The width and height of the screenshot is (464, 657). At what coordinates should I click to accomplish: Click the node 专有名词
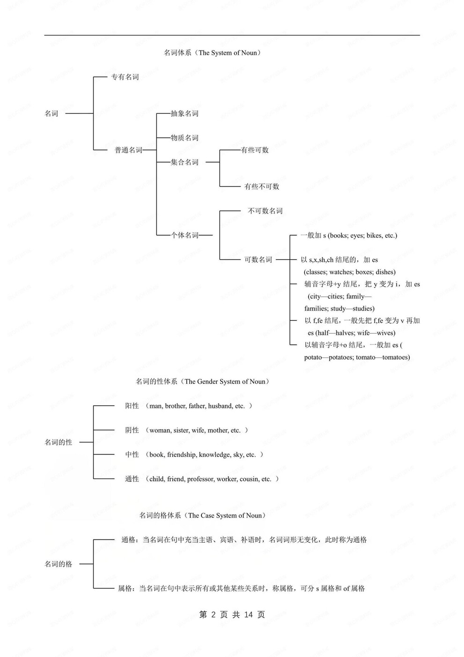(x=125, y=77)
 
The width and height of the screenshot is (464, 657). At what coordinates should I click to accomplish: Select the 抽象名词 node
(x=184, y=113)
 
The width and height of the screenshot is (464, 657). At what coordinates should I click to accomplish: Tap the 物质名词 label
(x=184, y=138)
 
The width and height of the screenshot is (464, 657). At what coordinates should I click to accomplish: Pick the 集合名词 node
(x=184, y=162)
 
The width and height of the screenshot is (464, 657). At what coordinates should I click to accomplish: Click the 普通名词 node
(x=128, y=150)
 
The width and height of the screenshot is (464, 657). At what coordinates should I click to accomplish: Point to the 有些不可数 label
(x=262, y=187)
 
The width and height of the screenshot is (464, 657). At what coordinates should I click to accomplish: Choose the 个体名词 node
(x=184, y=235)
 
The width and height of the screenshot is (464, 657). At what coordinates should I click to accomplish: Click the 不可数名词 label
(x=265, y=211)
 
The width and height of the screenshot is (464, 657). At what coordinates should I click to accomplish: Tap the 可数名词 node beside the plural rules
(x=258, y=260)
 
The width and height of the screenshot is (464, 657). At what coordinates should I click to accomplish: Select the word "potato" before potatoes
(x=313, y=357)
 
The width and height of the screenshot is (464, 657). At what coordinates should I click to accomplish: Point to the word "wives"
(x=385, y=333)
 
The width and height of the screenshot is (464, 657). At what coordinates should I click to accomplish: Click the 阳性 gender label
(x=132, y=406)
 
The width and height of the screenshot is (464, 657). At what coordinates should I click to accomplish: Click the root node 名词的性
(x=59, y=442)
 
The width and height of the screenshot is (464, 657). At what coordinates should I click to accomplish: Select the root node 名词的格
(x=59, y=564)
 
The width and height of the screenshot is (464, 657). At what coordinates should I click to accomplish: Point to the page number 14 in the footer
(x=248, y=615)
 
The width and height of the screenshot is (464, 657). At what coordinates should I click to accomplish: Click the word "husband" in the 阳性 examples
(x=220, y=406)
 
